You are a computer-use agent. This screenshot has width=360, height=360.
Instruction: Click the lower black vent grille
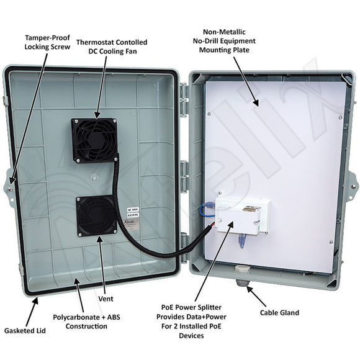96,216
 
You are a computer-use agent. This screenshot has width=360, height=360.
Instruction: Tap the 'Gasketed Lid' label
20,330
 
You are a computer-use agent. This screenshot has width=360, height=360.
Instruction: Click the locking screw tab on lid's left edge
11,182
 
